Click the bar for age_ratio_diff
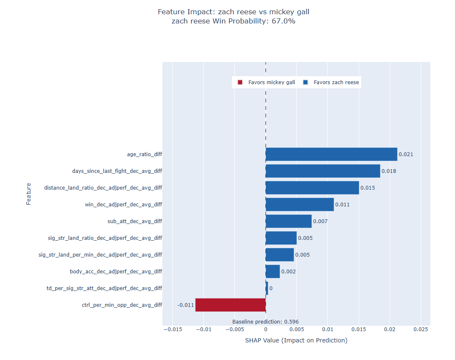pyautogui.click(x=332, y=154)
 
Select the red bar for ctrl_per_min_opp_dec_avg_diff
pyautogui.click(x=230, y=305)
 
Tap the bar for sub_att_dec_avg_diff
pyautogui.click(x=289, y=221)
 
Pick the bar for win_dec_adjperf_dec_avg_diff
pyautogui.click(x=300, y=205)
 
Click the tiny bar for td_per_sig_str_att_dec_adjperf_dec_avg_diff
pyautogui.click(x=267, y=288)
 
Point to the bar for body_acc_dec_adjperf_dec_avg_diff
pyautogui.click(x=273, y=272)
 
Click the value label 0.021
pyautogui.click(x=406, y=154)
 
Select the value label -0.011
pyautogui.click(x=185, y=305)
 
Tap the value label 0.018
pyautogui.click(x=388, y=171)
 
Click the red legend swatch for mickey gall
pyautogui.click(x=240, y=82)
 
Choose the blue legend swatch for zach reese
pyautogui.click(x=305, y=82)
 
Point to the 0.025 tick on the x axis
pyautogui.click(x=421, y=329)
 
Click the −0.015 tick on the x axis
pyautogui.click(x=173, y=329)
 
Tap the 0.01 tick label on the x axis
pyautogui.click(x=328, y=329)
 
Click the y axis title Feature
pyautogui.click(x=28, y=194)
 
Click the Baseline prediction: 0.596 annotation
pyautogui.click(x=265, y=322)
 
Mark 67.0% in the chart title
pyautogui.click(x=283, y=21)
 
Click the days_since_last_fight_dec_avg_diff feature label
pyautogui.click(x=117, y=171)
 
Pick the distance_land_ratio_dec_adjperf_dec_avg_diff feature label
pyautogui.click(x=103, y=188)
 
